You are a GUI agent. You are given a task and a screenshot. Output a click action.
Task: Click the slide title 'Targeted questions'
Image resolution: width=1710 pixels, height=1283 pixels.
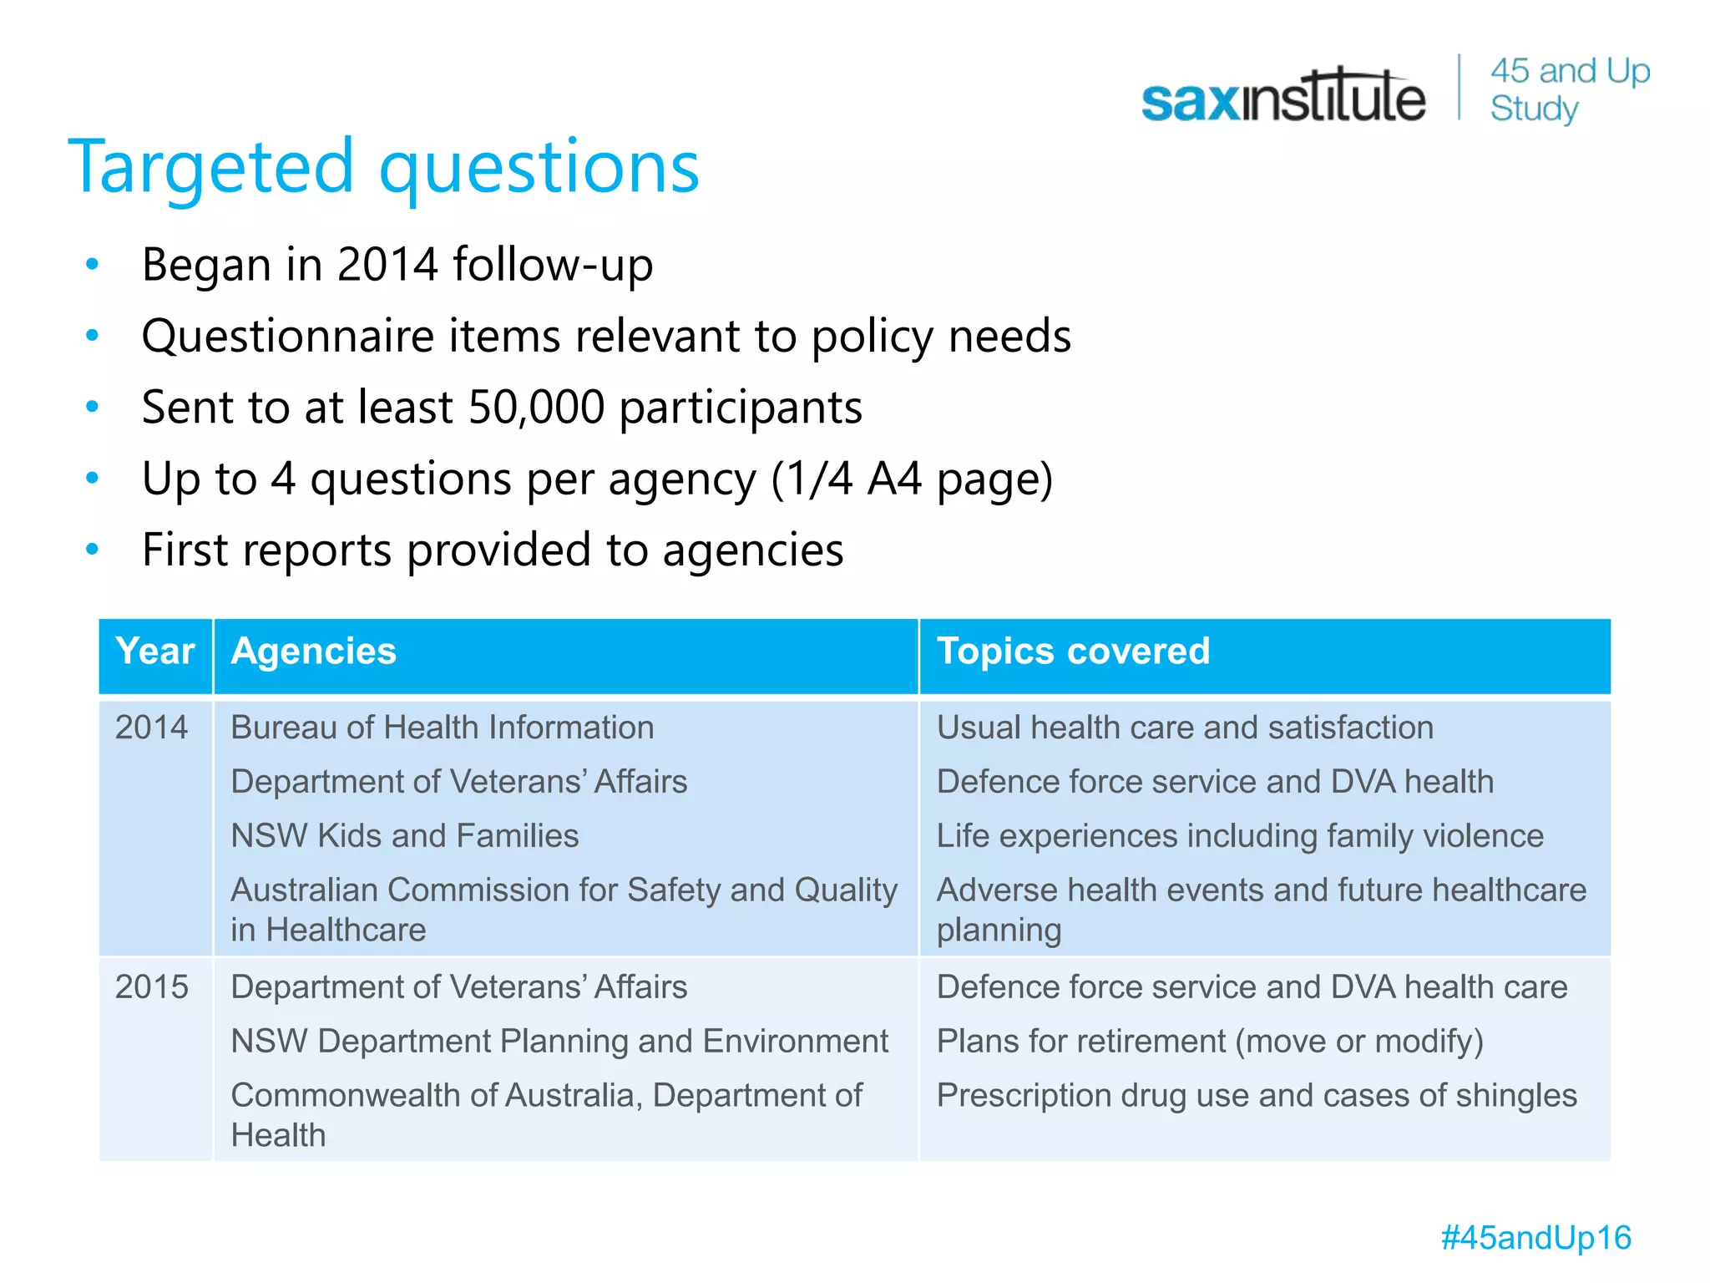[x=383, y=167]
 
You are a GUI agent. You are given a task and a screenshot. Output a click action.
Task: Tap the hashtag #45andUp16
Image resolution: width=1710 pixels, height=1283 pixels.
[x=1535, y=1237]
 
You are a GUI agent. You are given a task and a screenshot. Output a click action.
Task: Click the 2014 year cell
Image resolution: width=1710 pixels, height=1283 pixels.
[x=151, y=728]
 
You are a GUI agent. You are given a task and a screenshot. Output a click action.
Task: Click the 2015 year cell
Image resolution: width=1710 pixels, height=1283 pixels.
[x=151, y=987]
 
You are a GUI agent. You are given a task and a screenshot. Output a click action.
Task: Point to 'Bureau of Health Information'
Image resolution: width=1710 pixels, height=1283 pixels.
[x=442, y=728]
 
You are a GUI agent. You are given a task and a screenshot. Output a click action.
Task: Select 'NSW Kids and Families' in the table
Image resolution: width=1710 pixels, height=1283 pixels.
[x=404, y=836]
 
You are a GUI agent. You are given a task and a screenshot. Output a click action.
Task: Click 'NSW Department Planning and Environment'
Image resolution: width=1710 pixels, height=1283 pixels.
[x=559, y=1042]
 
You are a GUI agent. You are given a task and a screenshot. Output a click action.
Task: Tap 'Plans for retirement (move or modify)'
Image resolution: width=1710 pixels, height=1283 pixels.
[x=1210, y=1042]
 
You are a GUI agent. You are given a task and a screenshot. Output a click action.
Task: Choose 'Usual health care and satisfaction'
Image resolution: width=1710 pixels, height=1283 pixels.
[x=1185, y=728]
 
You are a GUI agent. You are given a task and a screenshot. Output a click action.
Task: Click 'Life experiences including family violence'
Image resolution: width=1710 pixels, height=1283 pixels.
[x=1240, y=836]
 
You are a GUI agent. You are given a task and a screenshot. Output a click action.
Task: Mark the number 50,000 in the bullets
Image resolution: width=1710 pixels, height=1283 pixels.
[x=535, y=408]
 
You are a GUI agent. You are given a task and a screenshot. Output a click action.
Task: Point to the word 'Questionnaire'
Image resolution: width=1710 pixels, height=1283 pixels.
[x=288, y=337]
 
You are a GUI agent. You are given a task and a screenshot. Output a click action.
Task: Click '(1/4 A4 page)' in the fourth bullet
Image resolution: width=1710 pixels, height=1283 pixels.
[x=912, y=479]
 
